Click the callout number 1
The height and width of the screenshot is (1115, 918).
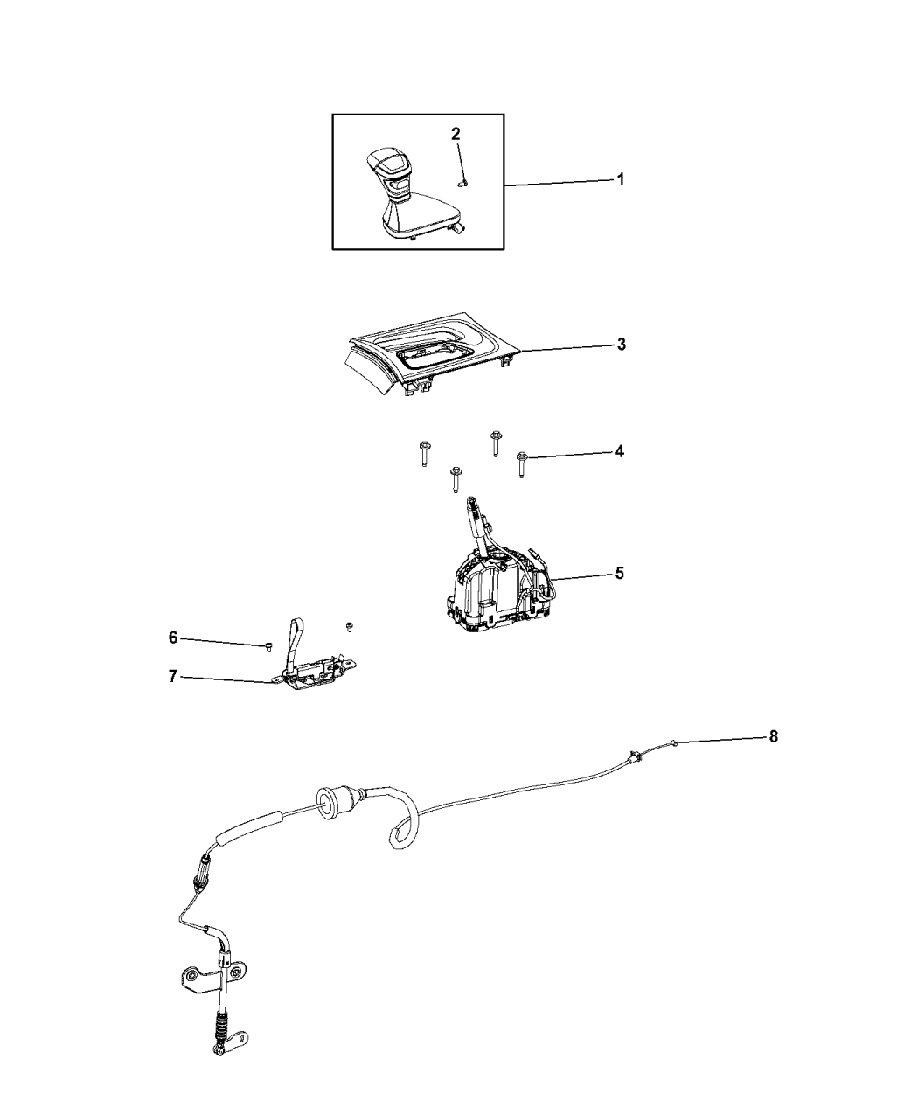[x=620, y=179]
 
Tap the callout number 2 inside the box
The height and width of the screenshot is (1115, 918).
[x=456, y=134]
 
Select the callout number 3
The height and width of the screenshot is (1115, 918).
[x=621, y=345]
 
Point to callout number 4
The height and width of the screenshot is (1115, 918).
[x=620, y=452]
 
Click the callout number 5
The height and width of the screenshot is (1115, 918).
[x=620, y=574]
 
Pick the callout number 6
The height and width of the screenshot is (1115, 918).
[x=173, y=638]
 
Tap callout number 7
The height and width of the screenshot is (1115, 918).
[x=172, y=677]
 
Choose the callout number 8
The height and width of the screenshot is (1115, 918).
[x=773, y=737]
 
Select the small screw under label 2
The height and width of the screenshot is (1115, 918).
[x=463, y=183]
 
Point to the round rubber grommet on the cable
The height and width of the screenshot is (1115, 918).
[x=325, y=812]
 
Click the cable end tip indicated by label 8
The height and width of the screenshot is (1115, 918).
[x=676, y=742]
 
